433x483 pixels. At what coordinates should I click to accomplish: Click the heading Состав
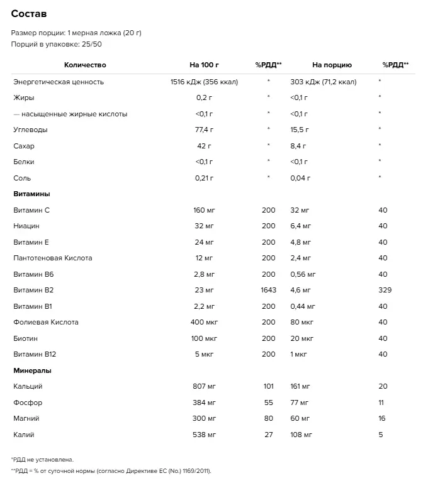pyautogui.click(x=29, y=14)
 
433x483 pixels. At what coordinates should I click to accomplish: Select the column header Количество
pyautogui.click(x=85, y=65)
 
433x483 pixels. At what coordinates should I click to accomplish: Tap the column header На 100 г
pyautogui.click(x=204, y=65)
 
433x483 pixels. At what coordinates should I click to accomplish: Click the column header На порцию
pyautogui.click(x=332, y=65)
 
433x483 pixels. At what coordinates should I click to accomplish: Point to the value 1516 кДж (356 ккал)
pyautogui.click(x=204, y=82)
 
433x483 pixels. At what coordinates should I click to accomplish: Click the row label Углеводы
pyautogui.click(x=30, y=130)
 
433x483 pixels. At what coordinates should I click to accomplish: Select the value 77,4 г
pyautogui.click(x=204, y=130)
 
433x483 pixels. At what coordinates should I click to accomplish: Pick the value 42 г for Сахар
pyautogui.click(x=204, y=146)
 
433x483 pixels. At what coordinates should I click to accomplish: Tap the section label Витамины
pyautogui.click(x=31, y=194)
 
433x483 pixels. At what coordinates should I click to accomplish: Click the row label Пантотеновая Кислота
pyautogui.click(x=53, y=258)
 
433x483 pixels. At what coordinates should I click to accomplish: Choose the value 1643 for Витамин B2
pyautogui.click(x=268, y=290)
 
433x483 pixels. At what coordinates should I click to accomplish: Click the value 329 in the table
pyautogui.click(x=385, y=290)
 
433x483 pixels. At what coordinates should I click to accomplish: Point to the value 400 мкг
pyautogui.click(x=204, y=322)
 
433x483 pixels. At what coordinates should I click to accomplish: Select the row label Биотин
pyautogui.click(x=26, y=338)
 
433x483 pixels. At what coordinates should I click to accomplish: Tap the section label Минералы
pyautogui.click(x=32, y=370)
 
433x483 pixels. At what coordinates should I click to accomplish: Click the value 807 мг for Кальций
pyautogui.click(x=204, y=386)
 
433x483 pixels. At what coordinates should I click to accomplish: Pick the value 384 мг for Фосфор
pyautogui.click(x=204, y=402)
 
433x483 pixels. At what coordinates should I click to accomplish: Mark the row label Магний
pyautogui.click(x=26, y=418)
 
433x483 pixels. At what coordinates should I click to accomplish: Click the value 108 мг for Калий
pyautogui.click(x=301, y=435)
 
